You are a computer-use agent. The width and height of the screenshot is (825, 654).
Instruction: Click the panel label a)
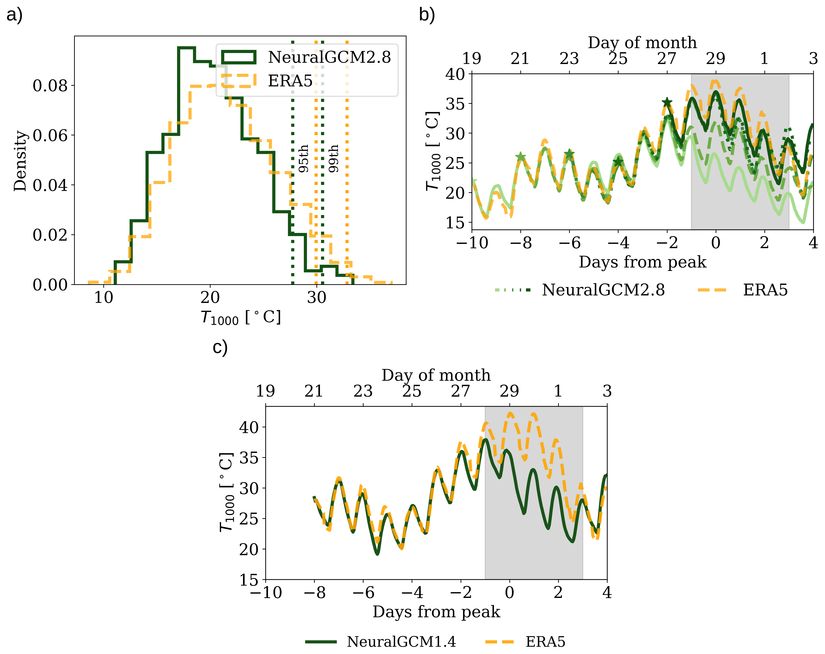(15, 15)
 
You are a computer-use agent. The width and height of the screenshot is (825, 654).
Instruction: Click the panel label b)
(427, 15)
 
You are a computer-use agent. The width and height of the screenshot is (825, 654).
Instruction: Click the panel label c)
(220, 347)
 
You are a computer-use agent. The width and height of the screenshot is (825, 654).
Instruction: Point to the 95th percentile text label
(303, 158)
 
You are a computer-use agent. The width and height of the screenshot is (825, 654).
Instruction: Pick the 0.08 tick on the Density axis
(50, 86)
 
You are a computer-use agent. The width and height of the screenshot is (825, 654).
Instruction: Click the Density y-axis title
(20, 161)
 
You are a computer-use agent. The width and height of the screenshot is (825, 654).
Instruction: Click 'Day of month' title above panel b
(642, 43)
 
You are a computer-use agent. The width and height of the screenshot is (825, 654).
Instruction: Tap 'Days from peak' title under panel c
(436, 611)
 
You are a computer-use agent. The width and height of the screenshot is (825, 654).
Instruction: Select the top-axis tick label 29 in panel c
(509, 391)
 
